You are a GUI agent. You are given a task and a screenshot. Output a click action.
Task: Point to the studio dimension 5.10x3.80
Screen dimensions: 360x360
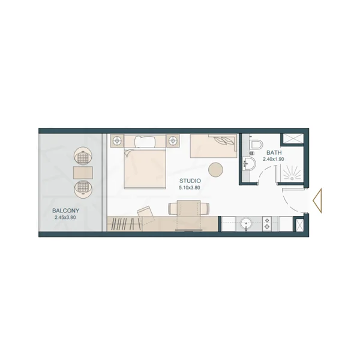tap(190, 188)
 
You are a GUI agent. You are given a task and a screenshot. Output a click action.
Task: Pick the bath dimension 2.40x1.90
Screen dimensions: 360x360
tap(273, 160)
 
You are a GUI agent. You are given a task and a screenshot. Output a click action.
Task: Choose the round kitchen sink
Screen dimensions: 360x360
tap(245, 224)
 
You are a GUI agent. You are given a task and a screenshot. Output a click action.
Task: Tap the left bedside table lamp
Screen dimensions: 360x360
tap(116, 141)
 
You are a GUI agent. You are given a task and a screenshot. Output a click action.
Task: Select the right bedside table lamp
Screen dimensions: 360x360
tap(173, 141)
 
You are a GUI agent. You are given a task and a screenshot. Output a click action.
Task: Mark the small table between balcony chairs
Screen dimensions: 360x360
tap(83, 173)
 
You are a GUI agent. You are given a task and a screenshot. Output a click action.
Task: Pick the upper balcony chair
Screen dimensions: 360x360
tap(83, 156)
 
